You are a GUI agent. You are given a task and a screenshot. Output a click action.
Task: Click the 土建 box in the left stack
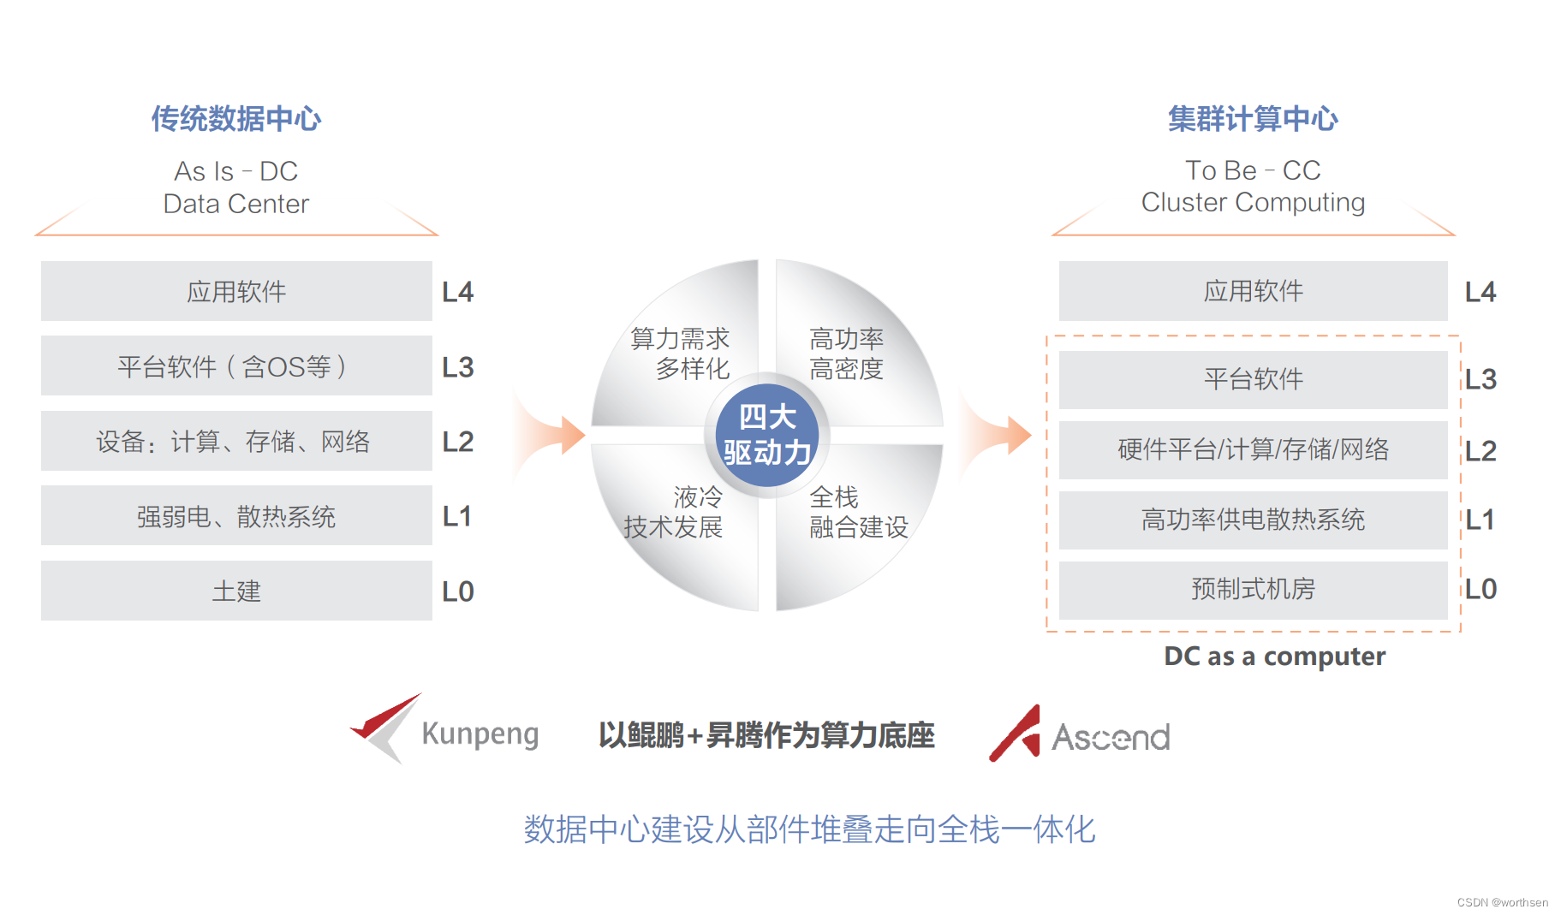(236, 591)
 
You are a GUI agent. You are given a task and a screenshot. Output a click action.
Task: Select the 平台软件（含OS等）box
(236, 366)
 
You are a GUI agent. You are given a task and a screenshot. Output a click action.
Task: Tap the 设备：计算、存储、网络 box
(236, 441)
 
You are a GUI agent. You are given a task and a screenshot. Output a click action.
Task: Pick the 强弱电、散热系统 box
(236, 516)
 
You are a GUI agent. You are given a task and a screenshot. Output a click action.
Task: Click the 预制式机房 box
(1253, 589)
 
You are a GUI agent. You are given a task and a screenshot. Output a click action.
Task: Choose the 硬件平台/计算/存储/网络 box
(1253, 449)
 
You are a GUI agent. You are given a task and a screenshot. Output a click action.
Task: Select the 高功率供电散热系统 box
(1253, 520)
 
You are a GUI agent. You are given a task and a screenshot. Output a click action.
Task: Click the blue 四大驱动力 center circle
(767, 435)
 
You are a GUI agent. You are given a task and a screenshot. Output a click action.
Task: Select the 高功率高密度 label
(846, 354)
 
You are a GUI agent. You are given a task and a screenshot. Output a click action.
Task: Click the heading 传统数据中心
(236, 118)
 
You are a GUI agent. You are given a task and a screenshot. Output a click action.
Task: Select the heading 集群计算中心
(1253, 118)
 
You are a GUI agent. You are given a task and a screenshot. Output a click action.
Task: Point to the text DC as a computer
(1274, 657)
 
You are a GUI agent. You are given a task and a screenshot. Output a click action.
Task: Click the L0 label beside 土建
(458, 591)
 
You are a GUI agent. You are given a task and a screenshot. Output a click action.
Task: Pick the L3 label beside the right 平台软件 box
(1481, 379)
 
